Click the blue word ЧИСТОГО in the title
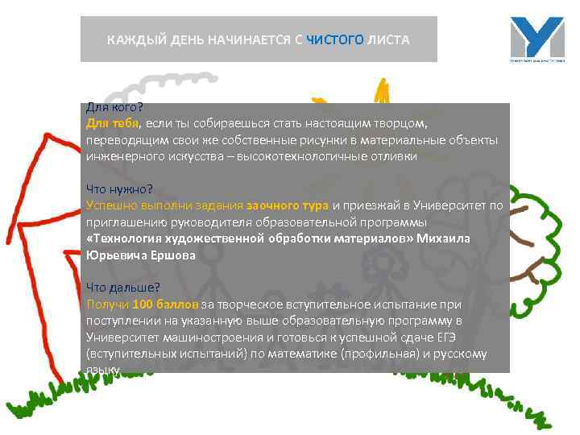pyautogui.click(x=335, y=39)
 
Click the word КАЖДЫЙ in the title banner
pyautogui.click(x=134, y=39)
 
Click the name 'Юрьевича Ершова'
pyautogui.click(x=141, y=255)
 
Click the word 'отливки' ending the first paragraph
pyautogui.click(x=395, y=156)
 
